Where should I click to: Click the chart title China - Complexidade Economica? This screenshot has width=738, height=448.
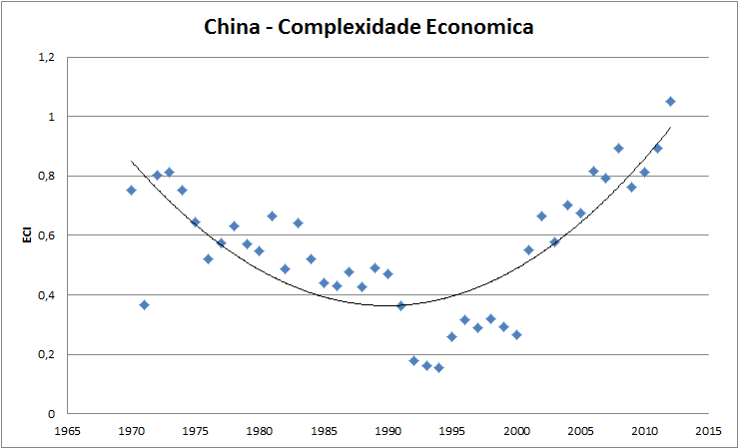(369, 26)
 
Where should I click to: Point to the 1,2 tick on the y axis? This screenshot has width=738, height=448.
(46, 57)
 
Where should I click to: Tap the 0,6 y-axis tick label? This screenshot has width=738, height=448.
(46, 235)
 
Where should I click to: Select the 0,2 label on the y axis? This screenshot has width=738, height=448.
(46, 354)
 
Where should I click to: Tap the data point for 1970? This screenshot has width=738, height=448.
(131, 190)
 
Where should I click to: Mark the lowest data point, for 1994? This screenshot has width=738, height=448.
(438, 367)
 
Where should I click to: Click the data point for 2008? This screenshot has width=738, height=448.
(618, 148)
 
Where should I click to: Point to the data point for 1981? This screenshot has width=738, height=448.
(272, 216)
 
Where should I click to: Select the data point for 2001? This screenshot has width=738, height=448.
(528, 249)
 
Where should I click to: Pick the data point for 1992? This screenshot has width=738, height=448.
(413, 360)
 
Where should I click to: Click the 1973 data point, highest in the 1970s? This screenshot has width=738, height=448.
(169, 172)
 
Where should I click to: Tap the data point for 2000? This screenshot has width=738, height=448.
(516, 334)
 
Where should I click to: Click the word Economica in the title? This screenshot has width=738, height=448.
(471, 26)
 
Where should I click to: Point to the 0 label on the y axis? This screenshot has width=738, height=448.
(51, 414)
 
